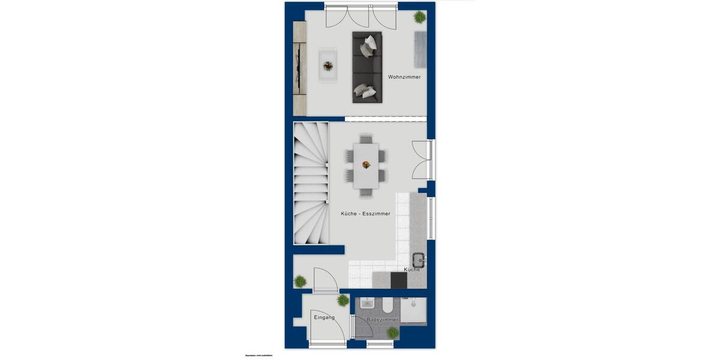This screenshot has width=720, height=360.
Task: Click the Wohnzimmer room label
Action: pyautogui.click(x=404, y=77)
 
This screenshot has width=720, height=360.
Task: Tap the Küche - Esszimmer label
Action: pyautogui.click(x=365, y=214)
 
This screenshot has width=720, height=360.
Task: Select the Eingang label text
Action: pyautogui.click(x=324, y=317)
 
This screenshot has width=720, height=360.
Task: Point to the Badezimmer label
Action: pyautogui.click(x=382, y=320)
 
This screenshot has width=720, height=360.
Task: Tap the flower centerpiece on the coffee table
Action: pyautogui.click(x=328, y=65)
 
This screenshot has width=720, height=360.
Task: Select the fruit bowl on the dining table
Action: pyautogui.click(x=365, y=164)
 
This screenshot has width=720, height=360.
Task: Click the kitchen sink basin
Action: pyautogui.click(x=418, y=260)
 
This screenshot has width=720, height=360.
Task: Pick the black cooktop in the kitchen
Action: pyautogui.click(x=398, y=280)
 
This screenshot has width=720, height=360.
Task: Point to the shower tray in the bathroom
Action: pyautogui.click(x=413, y=311)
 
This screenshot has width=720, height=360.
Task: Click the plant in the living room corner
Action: pyautogui.click(x=419, y=17)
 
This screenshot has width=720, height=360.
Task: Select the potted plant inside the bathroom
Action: pyautogui.click(x=392, y=332)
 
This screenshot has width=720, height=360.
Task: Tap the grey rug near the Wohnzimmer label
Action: pyautogui.click(x=420, y=49)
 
